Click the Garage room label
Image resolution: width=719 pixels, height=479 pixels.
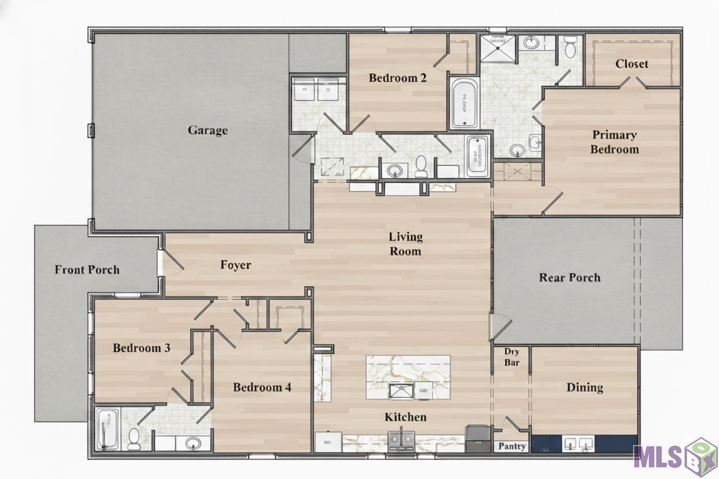click(207, 130)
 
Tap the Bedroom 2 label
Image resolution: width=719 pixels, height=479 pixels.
click(398, 78)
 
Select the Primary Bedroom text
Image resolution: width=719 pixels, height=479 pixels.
click(614, 142)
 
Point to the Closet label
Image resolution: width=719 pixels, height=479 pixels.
click(631, 63)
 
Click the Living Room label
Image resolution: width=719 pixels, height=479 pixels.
click(406, 244)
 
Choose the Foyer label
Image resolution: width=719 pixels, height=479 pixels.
click(236, 265)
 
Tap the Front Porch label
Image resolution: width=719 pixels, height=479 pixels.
click(87, 269)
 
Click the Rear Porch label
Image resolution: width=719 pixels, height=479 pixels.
click(570, 277)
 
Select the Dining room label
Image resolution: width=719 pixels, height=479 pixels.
click(585, 387)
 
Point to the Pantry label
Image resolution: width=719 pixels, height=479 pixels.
click(512, 446)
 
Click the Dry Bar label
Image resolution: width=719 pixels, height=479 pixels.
click(512, 357)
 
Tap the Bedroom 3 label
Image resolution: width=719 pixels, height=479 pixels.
click(142, 348)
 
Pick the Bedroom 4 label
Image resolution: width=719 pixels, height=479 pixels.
click(262, 387)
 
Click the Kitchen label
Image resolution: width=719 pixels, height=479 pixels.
click(406, 417)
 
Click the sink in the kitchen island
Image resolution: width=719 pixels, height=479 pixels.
click(402, 391)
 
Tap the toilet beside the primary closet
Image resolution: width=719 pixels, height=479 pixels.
click(570, 47)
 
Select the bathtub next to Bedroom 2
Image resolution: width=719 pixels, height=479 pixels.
click(464, 102)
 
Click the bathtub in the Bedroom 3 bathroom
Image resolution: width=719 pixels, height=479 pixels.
click(107, 429)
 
